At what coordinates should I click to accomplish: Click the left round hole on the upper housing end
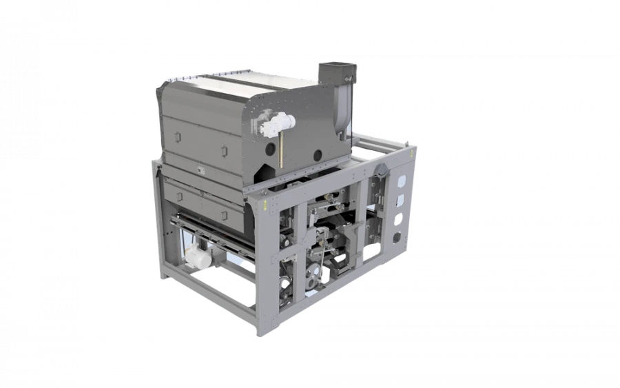(x=280, y=147)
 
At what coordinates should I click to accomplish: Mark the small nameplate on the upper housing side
(x=199, y=167)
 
